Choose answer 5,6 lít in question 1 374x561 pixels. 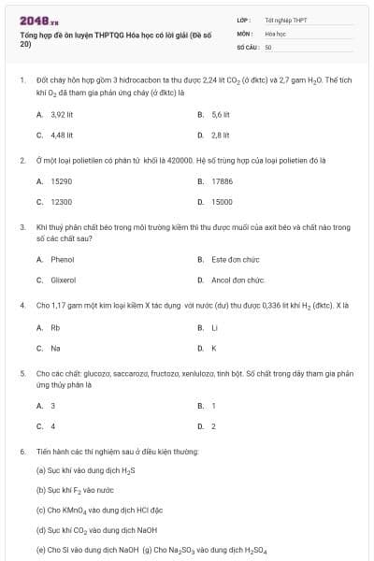220,114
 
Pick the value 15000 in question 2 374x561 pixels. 222,201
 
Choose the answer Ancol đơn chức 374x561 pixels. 237,280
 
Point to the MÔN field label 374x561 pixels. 246,32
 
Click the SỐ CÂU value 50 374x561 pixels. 268,45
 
